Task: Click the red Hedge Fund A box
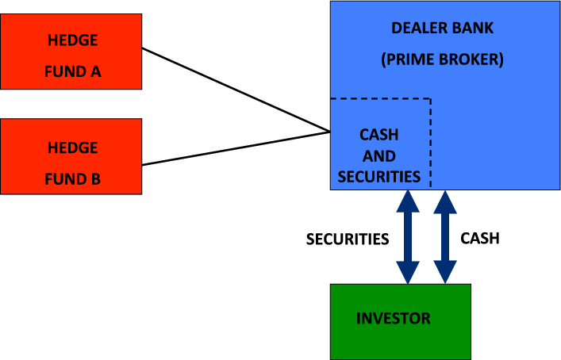pos(71,52)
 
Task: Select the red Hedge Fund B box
pos(71,156)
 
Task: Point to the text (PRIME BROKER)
pos(442,59)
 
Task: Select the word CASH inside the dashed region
pos(379,135)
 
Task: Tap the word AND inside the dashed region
pos(379,155)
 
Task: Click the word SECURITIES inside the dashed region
pos(379,176)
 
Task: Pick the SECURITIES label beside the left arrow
pos(348,239)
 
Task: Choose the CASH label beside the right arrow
pos(479,238)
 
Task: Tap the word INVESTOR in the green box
pos(394,319)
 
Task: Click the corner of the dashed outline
pos(430,99)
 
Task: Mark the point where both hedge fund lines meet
pos(329,131)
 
